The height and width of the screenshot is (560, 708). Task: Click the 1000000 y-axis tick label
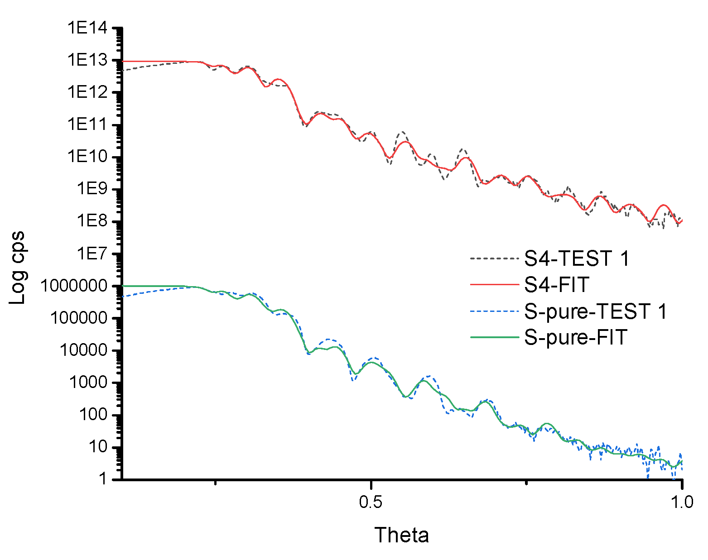pos(74,286)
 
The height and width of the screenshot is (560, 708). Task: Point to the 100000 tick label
pos(79,318)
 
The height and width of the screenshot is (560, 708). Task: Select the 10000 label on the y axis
pos(84,350)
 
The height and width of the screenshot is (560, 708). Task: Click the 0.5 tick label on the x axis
pos(371,502)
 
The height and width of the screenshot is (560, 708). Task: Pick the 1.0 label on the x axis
pos(681,502)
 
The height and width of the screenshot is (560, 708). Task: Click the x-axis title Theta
pos(401,535)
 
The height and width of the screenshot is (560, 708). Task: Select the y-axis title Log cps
pos(18,268)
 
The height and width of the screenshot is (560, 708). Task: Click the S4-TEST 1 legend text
pos(577,258)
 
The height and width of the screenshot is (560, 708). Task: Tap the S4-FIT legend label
pos(556,285)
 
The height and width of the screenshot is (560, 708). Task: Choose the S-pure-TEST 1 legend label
pos(596,311)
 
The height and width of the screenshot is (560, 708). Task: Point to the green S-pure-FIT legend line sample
pos(494,338)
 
